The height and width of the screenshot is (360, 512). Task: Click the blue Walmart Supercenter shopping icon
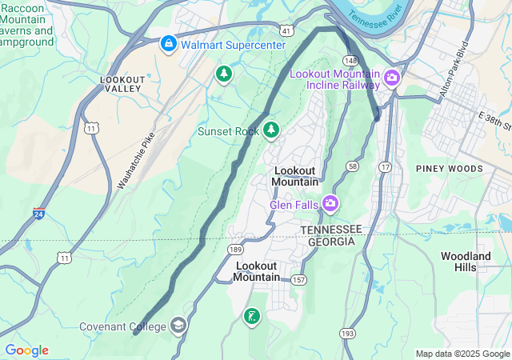(168, 43)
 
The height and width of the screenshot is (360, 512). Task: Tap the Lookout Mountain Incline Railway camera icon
(393, 78)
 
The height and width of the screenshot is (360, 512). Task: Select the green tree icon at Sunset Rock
(271, 130)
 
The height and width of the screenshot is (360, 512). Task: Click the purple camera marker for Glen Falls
(330, 204)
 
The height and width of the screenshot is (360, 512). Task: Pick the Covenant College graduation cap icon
(178, 326)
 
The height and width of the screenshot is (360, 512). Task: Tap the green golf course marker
(252, 317)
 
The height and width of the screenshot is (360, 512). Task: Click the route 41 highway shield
(286, 30)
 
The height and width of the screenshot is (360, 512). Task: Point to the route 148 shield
(351, 60)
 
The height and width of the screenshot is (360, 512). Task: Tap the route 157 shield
(298, 279)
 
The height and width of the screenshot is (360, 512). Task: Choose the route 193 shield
(347, 332)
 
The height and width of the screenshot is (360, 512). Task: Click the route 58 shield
(352, 165)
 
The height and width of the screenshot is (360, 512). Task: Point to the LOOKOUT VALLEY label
(123, 85)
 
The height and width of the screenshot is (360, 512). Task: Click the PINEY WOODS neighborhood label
(449, 169)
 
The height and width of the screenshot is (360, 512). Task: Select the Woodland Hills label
(466, 262)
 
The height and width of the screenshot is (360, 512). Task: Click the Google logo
(26, 350)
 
